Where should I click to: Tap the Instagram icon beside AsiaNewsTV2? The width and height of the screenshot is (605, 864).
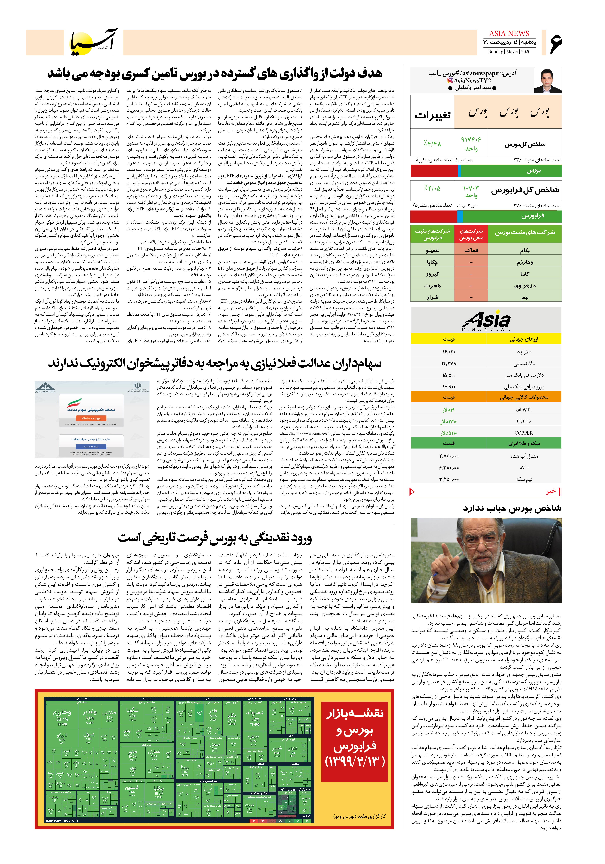pos(450,80)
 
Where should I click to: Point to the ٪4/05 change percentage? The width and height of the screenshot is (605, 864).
pos(432,188)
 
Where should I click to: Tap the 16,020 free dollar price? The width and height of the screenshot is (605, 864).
pos(449,352)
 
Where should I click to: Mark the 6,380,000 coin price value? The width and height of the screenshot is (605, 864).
pos(449,468)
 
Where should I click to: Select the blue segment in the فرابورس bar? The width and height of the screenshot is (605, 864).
pos(460,216)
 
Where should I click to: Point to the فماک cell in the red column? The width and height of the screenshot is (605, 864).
pos(471,250)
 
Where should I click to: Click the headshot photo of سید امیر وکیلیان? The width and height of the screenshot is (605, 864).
pos(548,80)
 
